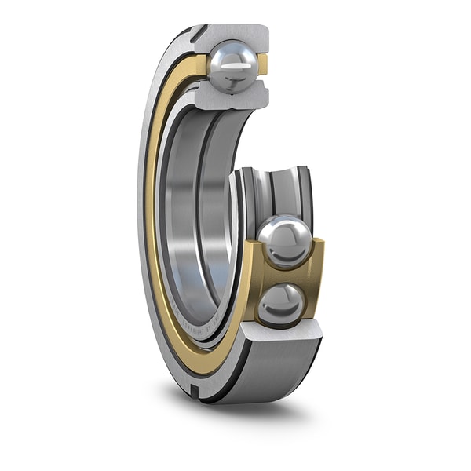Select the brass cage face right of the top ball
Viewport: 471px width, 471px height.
pyautogui.click(x=263, y=66)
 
